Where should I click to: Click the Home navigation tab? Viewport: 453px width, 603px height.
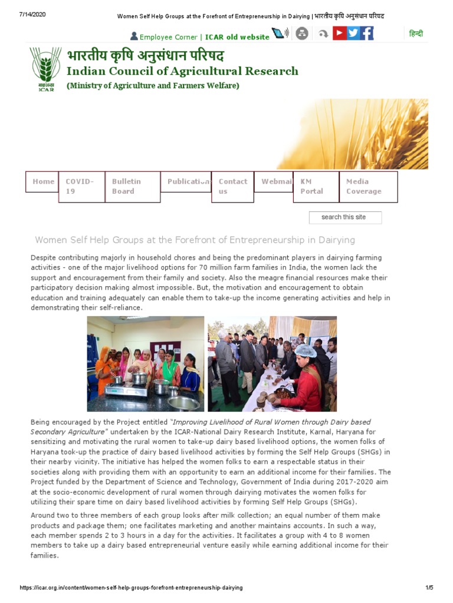[x=43, y=181]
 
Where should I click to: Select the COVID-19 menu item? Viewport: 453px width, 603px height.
[x=80, y=186]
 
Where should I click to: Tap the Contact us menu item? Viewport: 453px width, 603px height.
[x=232, y=186]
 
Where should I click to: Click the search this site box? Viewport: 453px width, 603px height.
[x=344, y=217]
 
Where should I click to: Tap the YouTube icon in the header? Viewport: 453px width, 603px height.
[x=339, y=33]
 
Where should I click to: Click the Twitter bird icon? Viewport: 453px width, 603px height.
[x=353, y=33]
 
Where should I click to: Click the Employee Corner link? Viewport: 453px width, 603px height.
[x=168, y=37]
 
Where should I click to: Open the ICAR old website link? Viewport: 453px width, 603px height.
[x=237, y=37]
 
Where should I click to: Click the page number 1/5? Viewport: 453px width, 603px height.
[x=429, y=588]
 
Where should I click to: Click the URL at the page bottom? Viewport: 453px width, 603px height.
[x=131, y=588]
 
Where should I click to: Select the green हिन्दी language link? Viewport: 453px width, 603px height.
[x=416, y=34]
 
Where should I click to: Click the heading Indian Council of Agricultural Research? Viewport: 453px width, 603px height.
[x=182, y=71]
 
